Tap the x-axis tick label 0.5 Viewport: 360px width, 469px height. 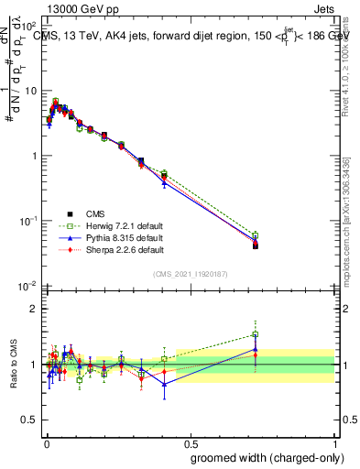point(190,441)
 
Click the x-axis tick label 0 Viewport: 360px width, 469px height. point(47,441)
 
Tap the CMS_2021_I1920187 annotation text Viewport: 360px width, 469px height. point(190,274)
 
